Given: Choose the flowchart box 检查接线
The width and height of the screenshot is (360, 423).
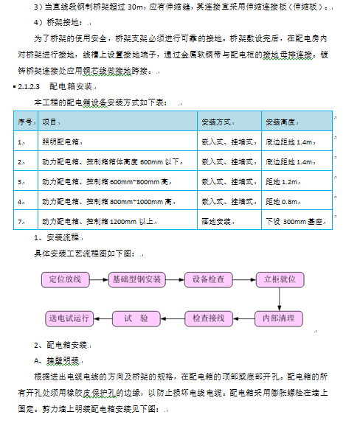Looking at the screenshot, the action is click(x=208, y=318).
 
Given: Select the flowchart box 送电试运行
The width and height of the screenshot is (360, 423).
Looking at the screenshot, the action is click(x=69, y=318).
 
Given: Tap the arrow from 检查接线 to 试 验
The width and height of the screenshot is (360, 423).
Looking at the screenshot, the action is click(x=173, y=318).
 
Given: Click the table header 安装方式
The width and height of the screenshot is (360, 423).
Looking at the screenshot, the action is click(x=216, y=121).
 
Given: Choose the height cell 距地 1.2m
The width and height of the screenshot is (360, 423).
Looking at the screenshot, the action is click(x=281, y=180).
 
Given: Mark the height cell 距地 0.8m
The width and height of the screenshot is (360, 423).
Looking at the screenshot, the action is click(x=281, y=200).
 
